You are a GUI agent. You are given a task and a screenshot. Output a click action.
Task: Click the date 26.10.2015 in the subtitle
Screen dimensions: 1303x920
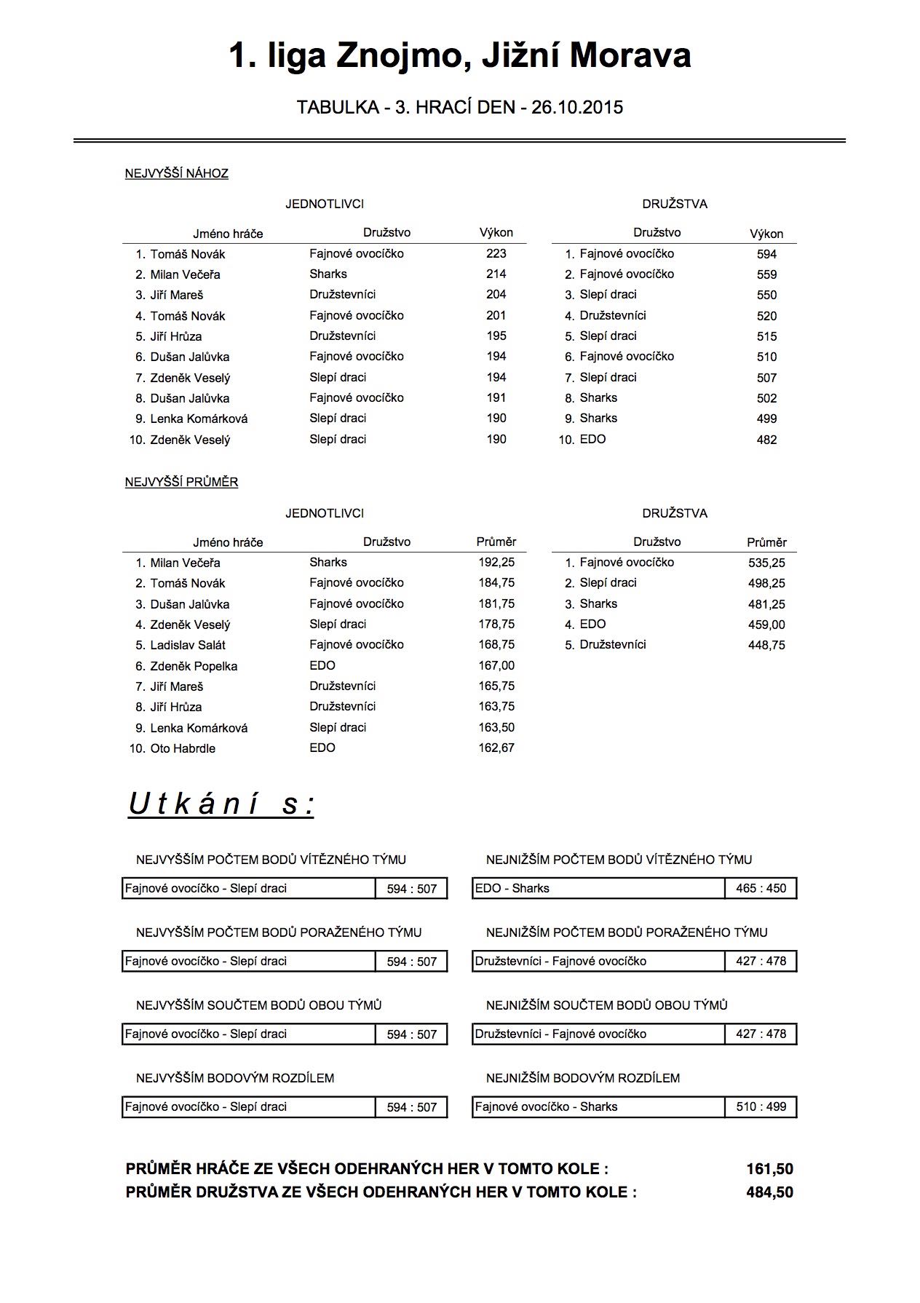577,108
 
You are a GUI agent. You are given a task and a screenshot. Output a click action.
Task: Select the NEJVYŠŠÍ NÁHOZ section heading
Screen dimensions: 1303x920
177,173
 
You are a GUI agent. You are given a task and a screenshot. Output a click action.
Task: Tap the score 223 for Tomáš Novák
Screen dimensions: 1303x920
496,253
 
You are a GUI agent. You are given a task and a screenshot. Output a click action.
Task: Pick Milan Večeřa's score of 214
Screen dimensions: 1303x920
496,274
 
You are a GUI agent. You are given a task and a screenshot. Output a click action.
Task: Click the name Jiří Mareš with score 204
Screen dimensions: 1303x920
177,295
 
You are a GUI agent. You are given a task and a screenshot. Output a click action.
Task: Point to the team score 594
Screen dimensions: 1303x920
766,254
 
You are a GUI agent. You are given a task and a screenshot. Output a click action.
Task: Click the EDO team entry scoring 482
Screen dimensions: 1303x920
592,439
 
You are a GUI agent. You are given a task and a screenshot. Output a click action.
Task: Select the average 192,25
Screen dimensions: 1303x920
496,562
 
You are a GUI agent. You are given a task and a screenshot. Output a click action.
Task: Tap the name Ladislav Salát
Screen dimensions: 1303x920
188,645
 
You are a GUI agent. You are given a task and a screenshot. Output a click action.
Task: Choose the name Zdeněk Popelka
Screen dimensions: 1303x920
194,666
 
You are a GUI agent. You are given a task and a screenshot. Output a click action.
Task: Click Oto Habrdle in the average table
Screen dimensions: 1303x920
183,748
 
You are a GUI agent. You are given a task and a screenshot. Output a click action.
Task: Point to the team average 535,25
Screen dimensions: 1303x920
766,563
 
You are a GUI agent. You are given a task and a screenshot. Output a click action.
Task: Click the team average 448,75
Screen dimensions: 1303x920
766,645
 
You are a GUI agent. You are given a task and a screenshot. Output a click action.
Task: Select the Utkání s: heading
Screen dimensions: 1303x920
221,804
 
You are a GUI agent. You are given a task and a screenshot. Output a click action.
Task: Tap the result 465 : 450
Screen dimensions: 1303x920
761,888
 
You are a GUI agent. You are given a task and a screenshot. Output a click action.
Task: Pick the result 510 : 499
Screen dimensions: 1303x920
761,1106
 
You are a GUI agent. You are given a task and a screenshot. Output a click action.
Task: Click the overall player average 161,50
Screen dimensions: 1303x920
769,1169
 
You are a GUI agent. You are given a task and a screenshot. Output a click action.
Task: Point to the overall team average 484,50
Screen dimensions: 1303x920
769,1192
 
